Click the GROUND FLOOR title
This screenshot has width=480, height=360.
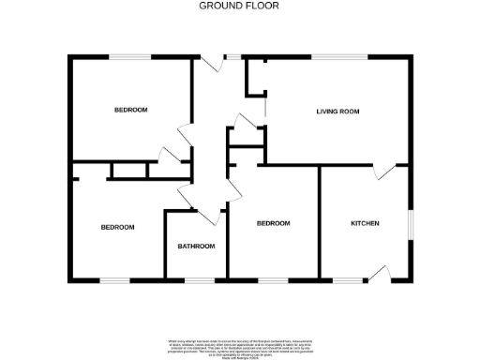click(239, 6)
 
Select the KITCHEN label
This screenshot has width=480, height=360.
click(365, 223)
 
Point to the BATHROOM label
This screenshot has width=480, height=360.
click(197, 247)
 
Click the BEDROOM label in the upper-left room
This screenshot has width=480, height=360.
click(130, 111)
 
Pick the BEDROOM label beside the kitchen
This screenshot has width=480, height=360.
click(274, 223)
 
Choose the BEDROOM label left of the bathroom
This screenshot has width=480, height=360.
click(117, 227)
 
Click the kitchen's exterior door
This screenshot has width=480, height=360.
click(380, 273)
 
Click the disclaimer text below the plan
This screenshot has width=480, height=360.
click(239, 346)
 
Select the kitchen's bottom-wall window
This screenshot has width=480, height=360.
click(348, 279)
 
